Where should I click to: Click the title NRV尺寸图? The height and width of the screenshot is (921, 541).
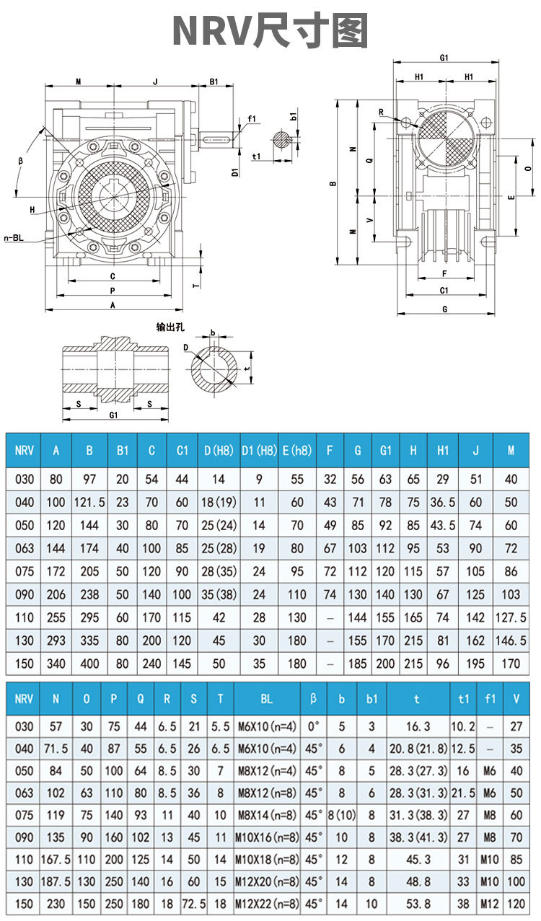pos(270,31)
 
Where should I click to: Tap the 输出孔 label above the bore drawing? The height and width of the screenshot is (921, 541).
pos(171,327)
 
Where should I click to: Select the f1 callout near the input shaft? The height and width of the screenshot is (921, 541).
pos(252,118)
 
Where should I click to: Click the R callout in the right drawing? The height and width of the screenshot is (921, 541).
pos(382,113)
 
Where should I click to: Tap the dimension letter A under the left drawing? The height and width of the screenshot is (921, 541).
pos(112,305)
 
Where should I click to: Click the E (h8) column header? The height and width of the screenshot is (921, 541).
pos(297,451)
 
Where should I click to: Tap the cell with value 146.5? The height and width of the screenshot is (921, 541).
pos(511,640)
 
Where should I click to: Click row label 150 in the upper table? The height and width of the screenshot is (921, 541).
pos(25,664)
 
